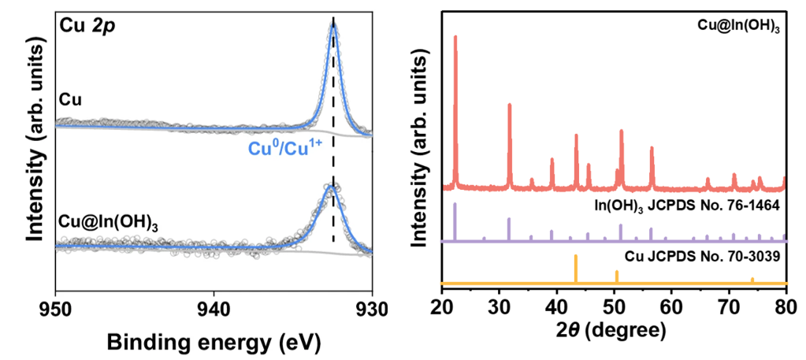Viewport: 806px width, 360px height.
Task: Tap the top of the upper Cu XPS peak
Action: (333, 24)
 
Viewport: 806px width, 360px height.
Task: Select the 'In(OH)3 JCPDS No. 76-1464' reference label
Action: (686, 206)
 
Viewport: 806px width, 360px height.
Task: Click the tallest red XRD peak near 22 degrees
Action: (455, 36)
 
